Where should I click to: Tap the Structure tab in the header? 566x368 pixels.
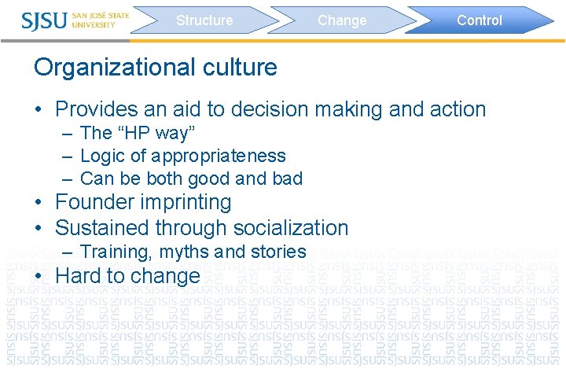(204, 20)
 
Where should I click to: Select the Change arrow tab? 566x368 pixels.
(342, 20)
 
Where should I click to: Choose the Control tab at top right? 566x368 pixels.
(479, 20)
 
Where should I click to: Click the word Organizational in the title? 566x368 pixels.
(109, 68)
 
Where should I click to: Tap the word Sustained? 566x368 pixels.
(104, 228)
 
